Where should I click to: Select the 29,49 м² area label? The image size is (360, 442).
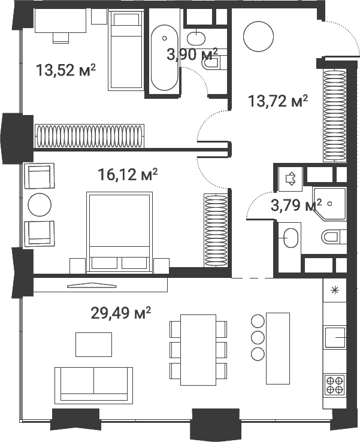pyautogui.click(x=120, y=313)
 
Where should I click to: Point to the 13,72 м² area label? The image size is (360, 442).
pyautogui.click(x=278, y=101)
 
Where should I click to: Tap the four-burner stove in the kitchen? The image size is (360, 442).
pyautogui.click(x=335, y=383)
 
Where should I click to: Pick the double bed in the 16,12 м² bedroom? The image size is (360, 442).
pyautogui.click(x=119, y=231)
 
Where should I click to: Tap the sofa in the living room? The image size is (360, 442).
pyautogui.click(x=93, y=385)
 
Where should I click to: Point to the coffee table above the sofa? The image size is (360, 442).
pyautogui.click(x=93, y=344)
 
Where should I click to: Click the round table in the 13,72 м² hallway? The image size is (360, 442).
pyautogui.click(x=258, y=37)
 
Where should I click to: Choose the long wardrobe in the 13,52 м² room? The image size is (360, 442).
pyautogui.click(x=90, y=135)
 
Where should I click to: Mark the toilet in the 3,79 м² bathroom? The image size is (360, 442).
pyautogui.click(x=333, y=237)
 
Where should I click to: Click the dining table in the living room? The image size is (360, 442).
pyautogui.click(x=198, y=350)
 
